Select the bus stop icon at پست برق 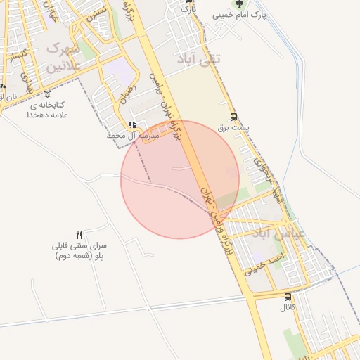pyautogui.click(x=233, y=118)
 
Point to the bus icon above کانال pyautogui.click(x=288, y=297)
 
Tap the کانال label pyautogui.click(x=288, y=308)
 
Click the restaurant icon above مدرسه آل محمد pyautogui.click(x=132, y=124)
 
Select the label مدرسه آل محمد pyautogui.click(x=133, y=135)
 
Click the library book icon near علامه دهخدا pyautogui.click(x=47, y=94)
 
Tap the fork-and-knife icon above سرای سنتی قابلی pyautogui.click(x=79, y=235)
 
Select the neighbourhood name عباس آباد pyautogui.click(x=287, y=233)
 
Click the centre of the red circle pyautogui.click(x=180, y=180)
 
